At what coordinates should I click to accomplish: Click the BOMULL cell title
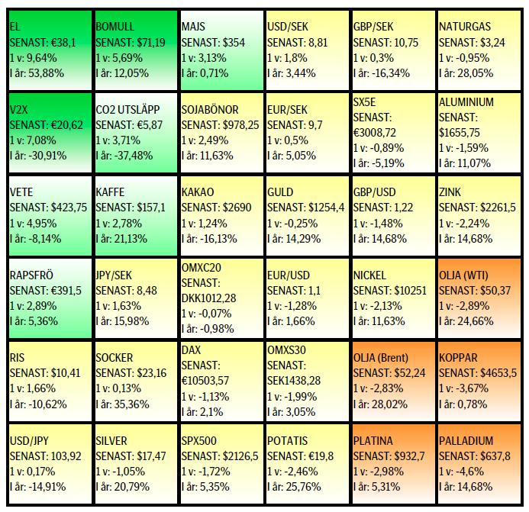[115, 27]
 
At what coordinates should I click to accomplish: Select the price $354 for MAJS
[231, 43]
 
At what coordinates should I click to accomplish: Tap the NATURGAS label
[466, 27]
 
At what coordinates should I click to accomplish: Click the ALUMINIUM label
[466, 102]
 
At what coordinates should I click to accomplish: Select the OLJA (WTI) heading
[467, 275]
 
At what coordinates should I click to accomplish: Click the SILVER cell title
[111, 441]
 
